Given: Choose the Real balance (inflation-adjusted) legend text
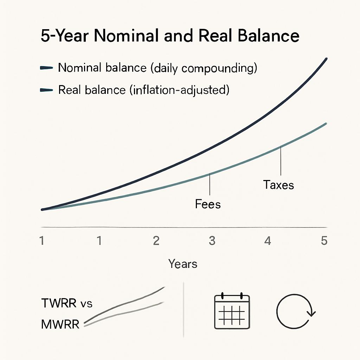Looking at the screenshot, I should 143,90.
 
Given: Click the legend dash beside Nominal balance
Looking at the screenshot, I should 47,68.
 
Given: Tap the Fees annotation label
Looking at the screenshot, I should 208,204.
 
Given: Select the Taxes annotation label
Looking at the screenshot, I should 278,185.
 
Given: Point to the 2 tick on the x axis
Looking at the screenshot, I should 156,241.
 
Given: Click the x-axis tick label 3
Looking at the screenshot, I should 212,241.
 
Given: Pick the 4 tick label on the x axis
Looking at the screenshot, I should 268,241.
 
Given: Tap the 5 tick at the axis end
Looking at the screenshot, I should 324,241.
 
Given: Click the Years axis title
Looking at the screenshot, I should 183,264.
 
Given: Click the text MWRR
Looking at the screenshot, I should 60,324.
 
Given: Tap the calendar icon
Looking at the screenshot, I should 232,311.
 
